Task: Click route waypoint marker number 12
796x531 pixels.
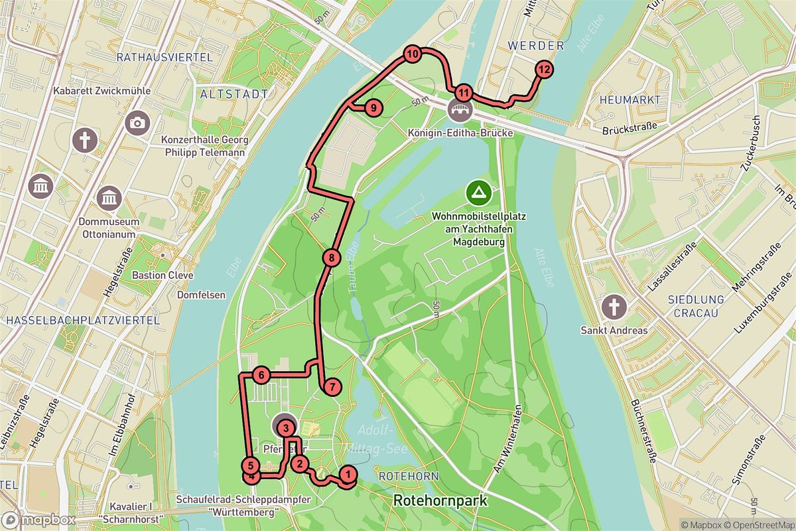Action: coord(544,69)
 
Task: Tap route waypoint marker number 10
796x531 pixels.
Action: coord(413,55)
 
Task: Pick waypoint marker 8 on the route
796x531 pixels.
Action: coord(332,258)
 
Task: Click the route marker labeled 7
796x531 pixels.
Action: coord(332,386)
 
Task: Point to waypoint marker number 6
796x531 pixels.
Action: coord(261,376)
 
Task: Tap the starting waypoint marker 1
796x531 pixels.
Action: coord(347,474)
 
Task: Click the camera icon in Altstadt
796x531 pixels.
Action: coord(138,122)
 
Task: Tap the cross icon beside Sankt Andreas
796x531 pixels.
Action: coord(614,307)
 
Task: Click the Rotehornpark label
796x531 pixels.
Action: coord(440,500)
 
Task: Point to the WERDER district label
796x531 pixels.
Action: coord(535,46)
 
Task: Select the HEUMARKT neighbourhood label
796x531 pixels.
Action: coord(630,100)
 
